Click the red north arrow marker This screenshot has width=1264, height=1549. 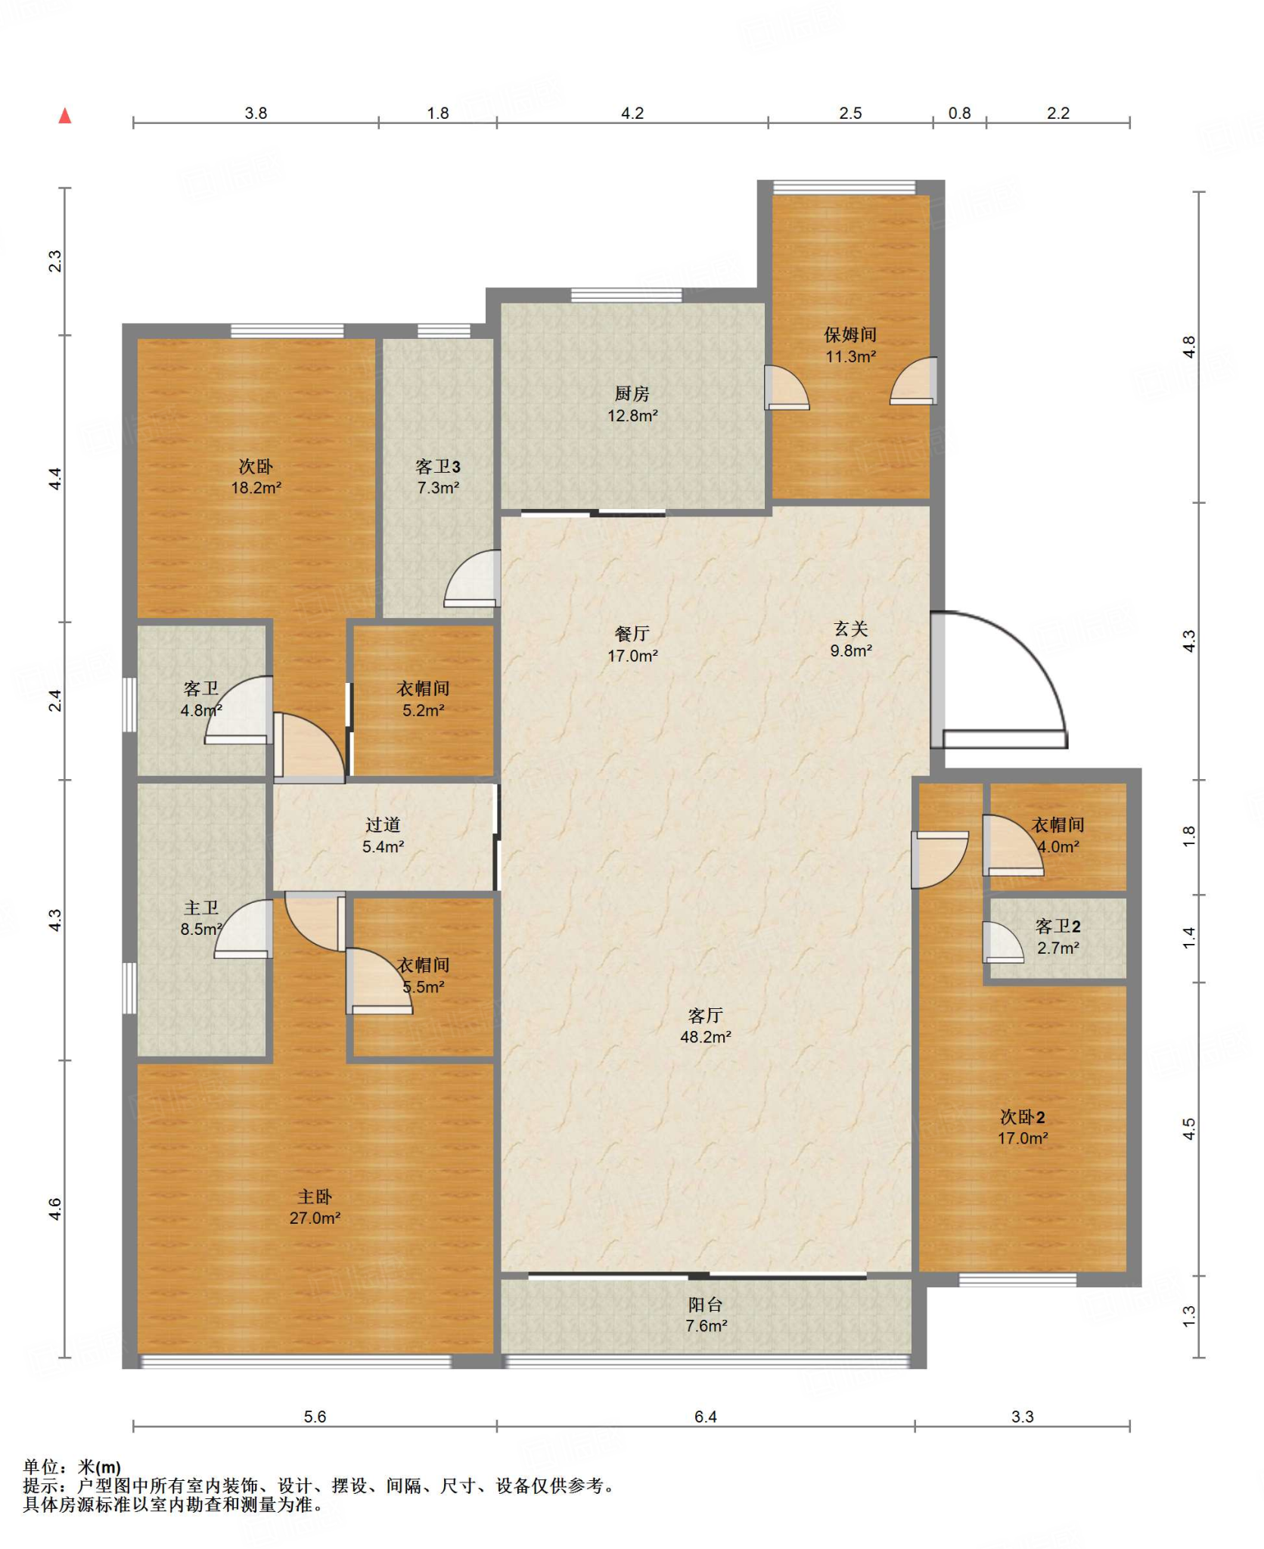click(65, 116)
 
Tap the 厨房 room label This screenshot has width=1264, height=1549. click(632, 393)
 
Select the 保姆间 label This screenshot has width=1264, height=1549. click(850, 334)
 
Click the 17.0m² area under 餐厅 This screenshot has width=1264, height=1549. click(632, 656)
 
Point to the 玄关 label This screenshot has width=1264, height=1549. click(850, 629)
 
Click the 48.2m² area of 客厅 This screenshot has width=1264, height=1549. click(705, 1037)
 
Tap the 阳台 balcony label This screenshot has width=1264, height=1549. click(705, 1305)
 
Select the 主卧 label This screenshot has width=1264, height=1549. click(315, 1197)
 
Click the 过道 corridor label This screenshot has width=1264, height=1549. click(383, 825)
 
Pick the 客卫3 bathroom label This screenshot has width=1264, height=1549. click(438, 467)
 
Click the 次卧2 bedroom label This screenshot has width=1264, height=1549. click(1022, 1116)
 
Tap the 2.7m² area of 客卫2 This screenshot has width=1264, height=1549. click(1057, 948)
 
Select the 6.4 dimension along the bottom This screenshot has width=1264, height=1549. click(705, 1417)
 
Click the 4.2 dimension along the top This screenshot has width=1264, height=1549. click(632, 113)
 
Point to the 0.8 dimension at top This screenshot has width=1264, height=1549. click(959, 113)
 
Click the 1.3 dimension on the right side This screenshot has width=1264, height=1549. click(1189, 1316)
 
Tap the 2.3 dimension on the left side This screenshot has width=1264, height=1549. click(55, 261)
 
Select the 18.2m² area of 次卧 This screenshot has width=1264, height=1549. click(256, 488)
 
